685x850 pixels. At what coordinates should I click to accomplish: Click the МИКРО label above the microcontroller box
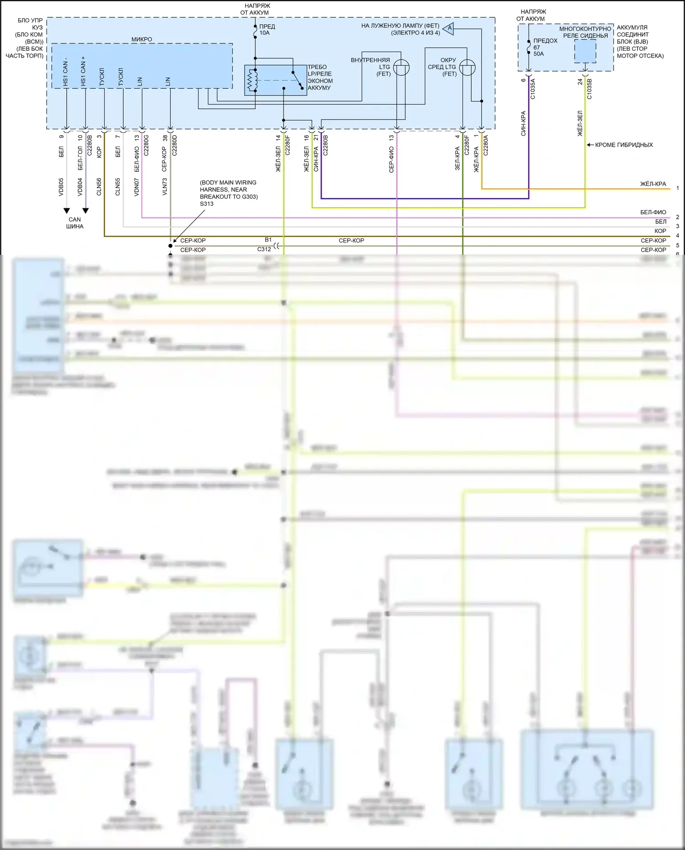click(142, 39)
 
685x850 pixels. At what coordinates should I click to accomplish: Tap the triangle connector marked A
click(449, 28)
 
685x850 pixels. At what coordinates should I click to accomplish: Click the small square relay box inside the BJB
click(585, 51)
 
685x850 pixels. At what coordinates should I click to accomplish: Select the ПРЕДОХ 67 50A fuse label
click(545, 47)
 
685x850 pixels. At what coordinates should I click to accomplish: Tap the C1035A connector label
click(532, 89)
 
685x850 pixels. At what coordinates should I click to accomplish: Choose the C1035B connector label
click(589, 89)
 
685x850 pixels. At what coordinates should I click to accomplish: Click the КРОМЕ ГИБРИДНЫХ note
click(623, 145)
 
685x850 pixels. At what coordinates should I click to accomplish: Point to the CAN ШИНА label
click(74, 223)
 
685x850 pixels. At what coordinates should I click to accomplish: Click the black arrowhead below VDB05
click(67, 211)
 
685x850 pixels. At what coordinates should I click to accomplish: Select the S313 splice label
click(206, 204)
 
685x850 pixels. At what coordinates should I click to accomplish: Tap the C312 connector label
click(264, 249)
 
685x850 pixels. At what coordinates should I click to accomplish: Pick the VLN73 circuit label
click(165, 187)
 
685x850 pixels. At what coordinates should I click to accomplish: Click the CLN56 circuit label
click(99, 187)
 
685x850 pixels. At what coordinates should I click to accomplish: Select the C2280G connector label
click(146, 145)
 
